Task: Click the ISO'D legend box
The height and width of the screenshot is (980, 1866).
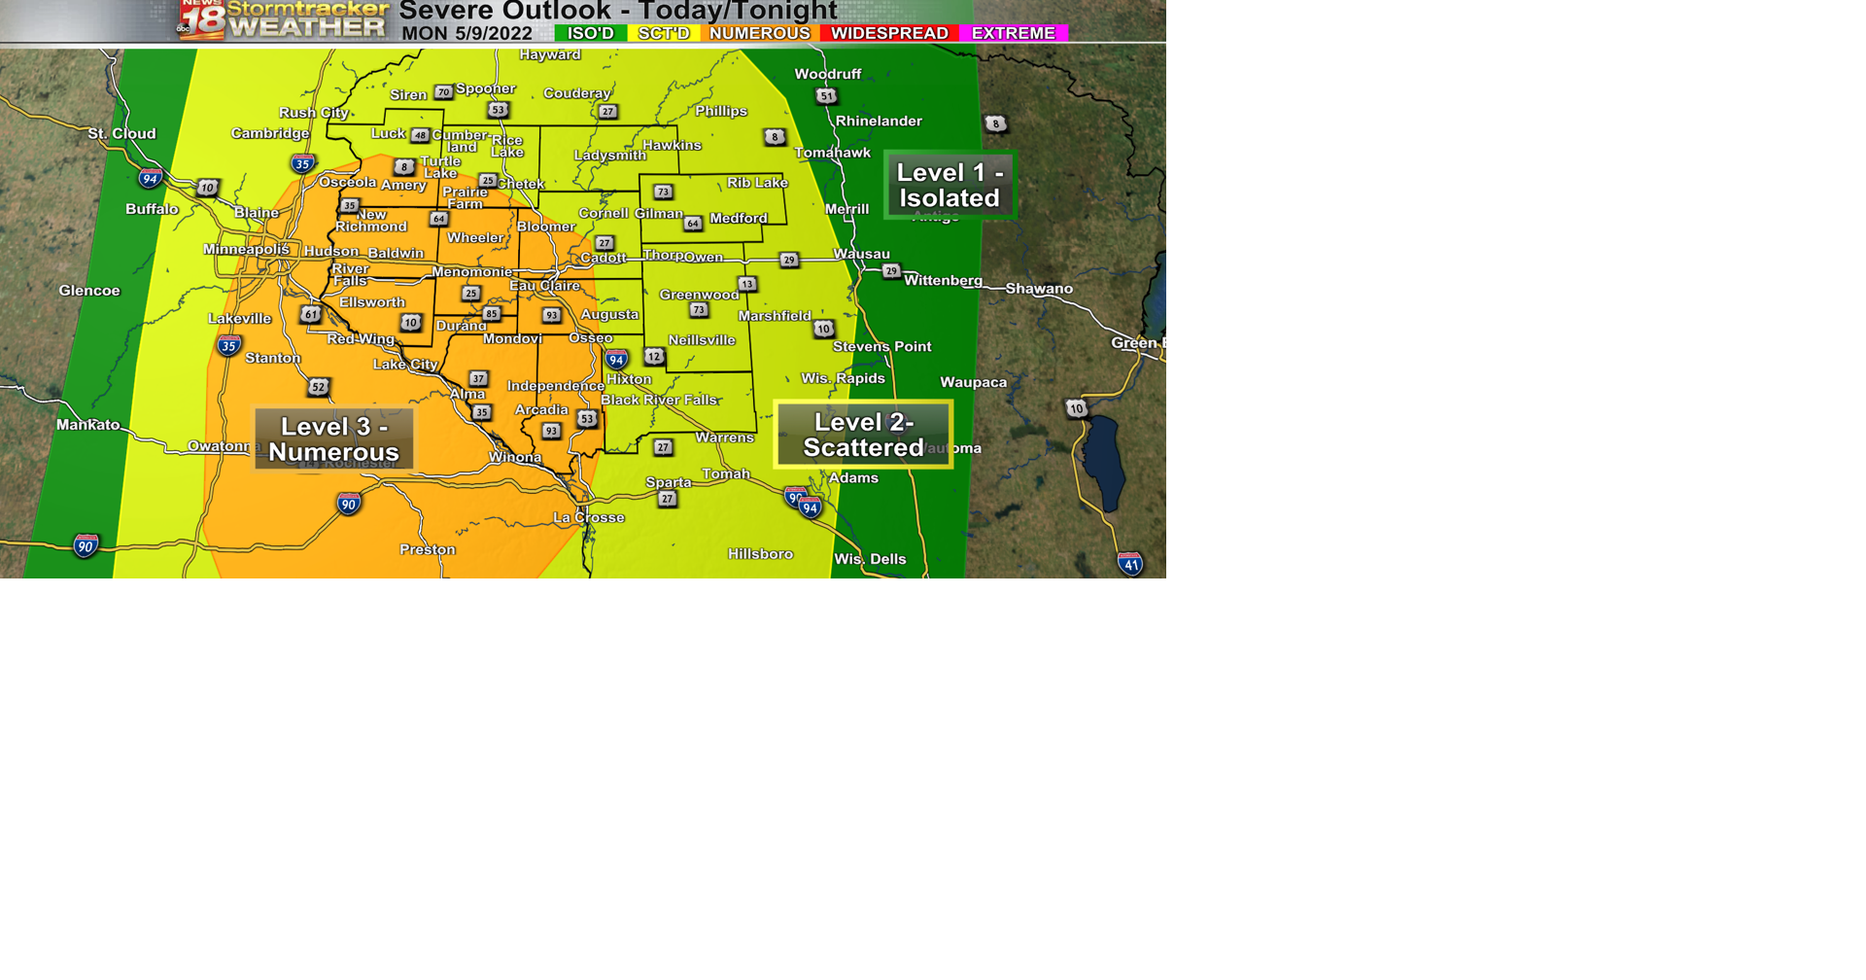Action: tap(590, 33)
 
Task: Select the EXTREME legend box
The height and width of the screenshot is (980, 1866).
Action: tap(1014, 33)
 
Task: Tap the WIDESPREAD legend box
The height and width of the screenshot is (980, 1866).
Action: tap(889, 33)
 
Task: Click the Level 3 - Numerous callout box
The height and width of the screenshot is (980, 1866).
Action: tap(334, 439)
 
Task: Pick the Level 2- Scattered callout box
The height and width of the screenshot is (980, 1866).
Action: tap(863, 435)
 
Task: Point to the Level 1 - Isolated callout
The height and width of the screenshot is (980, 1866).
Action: tap(950, 185)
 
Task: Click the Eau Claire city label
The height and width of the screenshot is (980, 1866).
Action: tap(545, 286)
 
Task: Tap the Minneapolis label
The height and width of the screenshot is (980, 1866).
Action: tap(246, 250)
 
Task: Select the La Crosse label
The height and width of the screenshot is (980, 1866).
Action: tap(589, 517)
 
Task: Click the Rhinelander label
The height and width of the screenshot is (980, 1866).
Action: tap(879, 122)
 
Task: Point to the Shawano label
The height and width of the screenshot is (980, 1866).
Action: tap(1039, 289)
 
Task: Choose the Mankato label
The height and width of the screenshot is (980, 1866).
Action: tap(88, 425)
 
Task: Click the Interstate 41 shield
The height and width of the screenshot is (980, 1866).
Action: tap(1130, 564)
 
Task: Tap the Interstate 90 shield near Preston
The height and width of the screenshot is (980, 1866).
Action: tap(349, 504)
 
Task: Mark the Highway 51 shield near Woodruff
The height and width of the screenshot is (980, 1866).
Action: tap(826, 95)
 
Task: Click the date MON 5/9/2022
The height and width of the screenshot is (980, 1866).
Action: tap(467, 34)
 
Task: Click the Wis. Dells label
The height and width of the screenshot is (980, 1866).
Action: tap(870, 559)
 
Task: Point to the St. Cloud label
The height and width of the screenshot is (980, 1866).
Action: tap(121, 134)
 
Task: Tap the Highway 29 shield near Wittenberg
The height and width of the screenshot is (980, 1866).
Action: tap(891, 271)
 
